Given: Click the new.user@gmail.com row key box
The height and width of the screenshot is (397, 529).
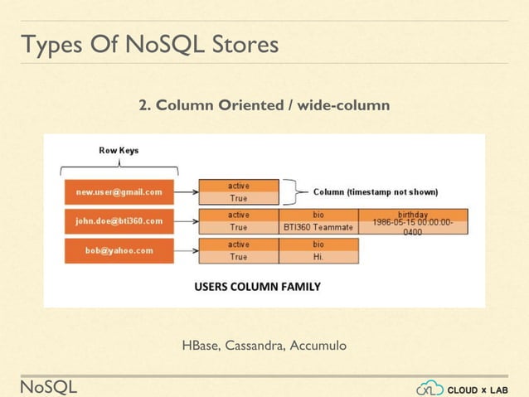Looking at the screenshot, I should pos(119,192).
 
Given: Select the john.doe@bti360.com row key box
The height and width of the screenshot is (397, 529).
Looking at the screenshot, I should pos(119,221).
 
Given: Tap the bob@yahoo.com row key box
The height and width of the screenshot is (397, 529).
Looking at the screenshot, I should pos(119,250).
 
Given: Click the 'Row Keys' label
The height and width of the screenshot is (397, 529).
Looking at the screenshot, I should pos(119,150).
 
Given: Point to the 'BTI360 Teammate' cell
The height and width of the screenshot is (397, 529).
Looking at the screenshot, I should pos(318,227).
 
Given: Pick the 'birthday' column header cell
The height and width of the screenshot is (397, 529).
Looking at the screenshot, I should pos(412,215).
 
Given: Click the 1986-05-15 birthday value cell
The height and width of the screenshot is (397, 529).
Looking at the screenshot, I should pos(412,227).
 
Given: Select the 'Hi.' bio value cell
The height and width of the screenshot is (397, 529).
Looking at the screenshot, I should pos(318,257).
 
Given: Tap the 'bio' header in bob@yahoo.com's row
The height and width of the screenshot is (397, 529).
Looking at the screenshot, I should pos(318,244).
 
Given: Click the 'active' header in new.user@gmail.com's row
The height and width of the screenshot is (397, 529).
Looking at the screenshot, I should pos(238,186).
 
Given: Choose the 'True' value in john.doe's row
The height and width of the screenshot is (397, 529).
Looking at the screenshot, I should pos(238,227).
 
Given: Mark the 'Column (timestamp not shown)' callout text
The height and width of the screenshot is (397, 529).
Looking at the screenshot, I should pos(375,191).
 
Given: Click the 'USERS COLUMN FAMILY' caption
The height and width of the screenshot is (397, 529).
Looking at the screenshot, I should pos(257,287).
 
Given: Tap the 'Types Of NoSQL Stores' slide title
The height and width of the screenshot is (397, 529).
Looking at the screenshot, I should pos(149,45).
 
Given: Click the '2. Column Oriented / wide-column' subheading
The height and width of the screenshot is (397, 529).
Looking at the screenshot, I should pos(264,106).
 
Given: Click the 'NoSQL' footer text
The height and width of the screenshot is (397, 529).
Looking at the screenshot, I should pos(49,386).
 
